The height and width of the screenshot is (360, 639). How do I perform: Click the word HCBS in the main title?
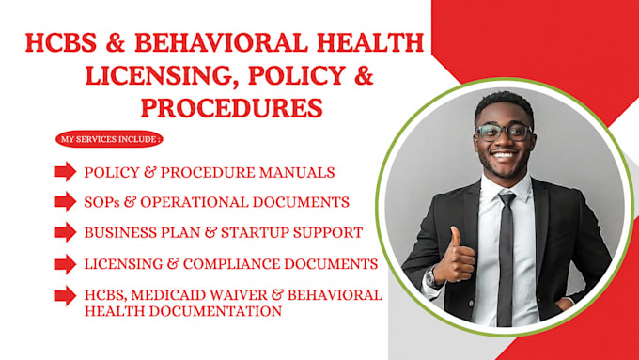tap(61, 42)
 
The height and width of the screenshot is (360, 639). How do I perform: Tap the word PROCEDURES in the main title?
tap(232, 108)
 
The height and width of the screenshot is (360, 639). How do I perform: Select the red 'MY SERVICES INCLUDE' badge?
tap(109, 139)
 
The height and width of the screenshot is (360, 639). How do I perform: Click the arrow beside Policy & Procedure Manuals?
tap(65, 171)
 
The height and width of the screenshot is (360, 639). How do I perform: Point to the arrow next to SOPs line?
tap(65, 201)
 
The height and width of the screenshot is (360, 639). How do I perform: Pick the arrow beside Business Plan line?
tap(65, 232)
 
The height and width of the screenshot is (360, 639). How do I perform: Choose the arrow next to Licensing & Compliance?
tap(65, 264)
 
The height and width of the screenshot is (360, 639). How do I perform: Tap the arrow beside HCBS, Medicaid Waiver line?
tap(65, 295)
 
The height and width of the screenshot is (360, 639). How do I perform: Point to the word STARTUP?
tap(255, 233)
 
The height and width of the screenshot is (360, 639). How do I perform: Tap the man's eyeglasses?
tap(505, 133)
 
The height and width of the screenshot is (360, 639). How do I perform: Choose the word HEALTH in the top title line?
tap(370, 42)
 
